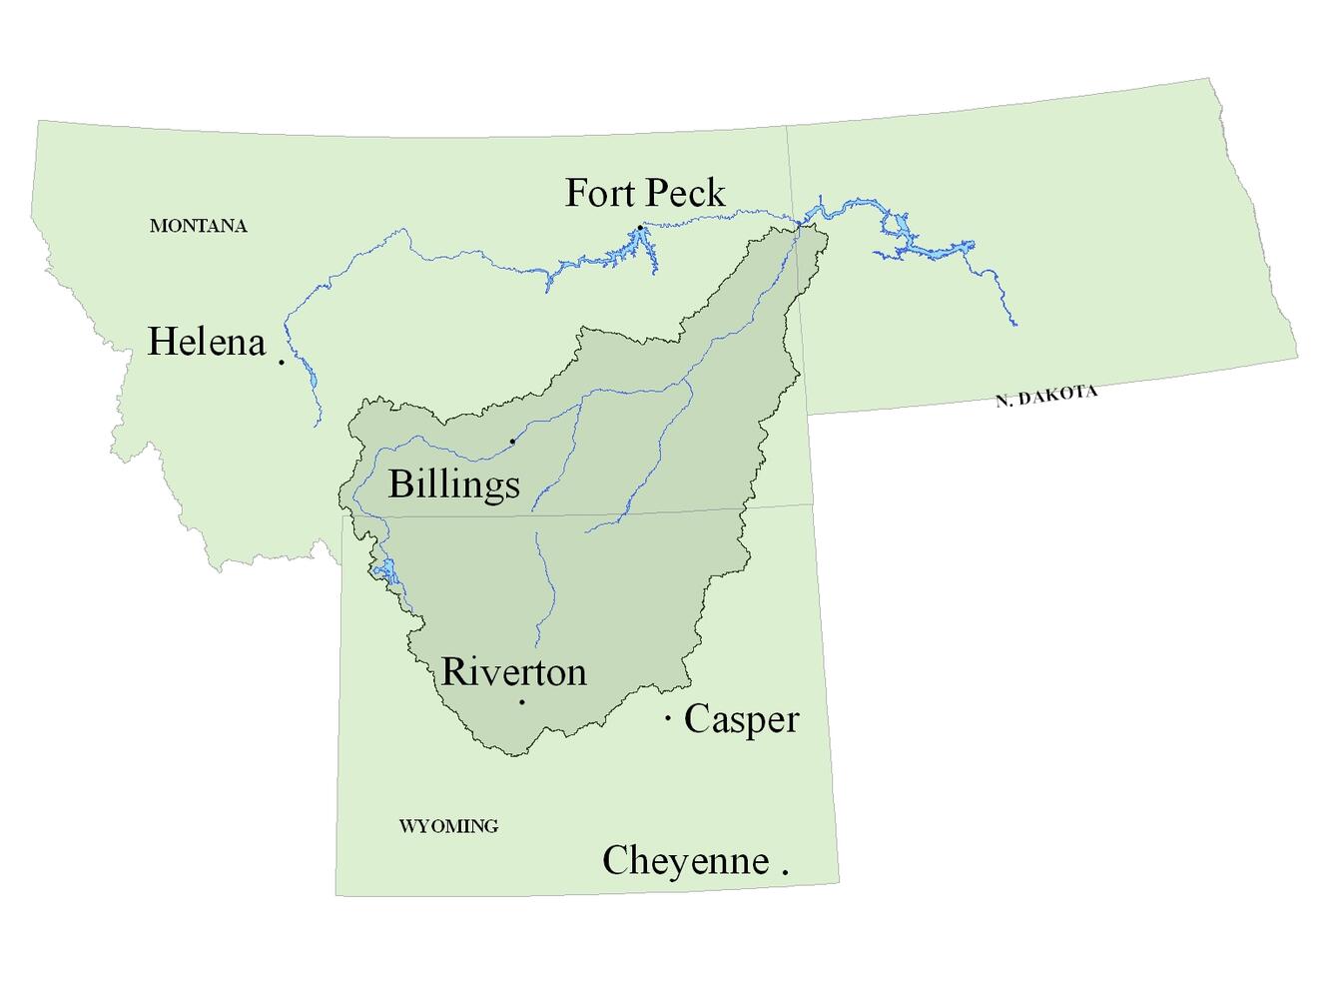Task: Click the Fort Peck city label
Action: coord(645,193)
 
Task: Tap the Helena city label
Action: coord(207,342)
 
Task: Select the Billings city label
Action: coord(453,484)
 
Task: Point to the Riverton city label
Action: coord(513,671)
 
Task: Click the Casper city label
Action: coord(741,719)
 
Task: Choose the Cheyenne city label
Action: coord(685,860)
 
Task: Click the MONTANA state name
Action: coord(198,226)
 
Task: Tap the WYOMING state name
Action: coord(448,826)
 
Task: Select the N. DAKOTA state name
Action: coord(1046,396)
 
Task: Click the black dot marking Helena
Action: coord(282,362)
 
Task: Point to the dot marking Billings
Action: coord(512,441)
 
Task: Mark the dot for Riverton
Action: coord(521,702)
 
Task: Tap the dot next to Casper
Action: coord(667,717)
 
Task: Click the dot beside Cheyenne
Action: coord(785,872)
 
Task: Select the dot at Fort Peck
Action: coord(639,228)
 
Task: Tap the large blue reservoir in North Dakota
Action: coord(904,236)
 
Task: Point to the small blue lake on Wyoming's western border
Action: coord(384,571)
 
